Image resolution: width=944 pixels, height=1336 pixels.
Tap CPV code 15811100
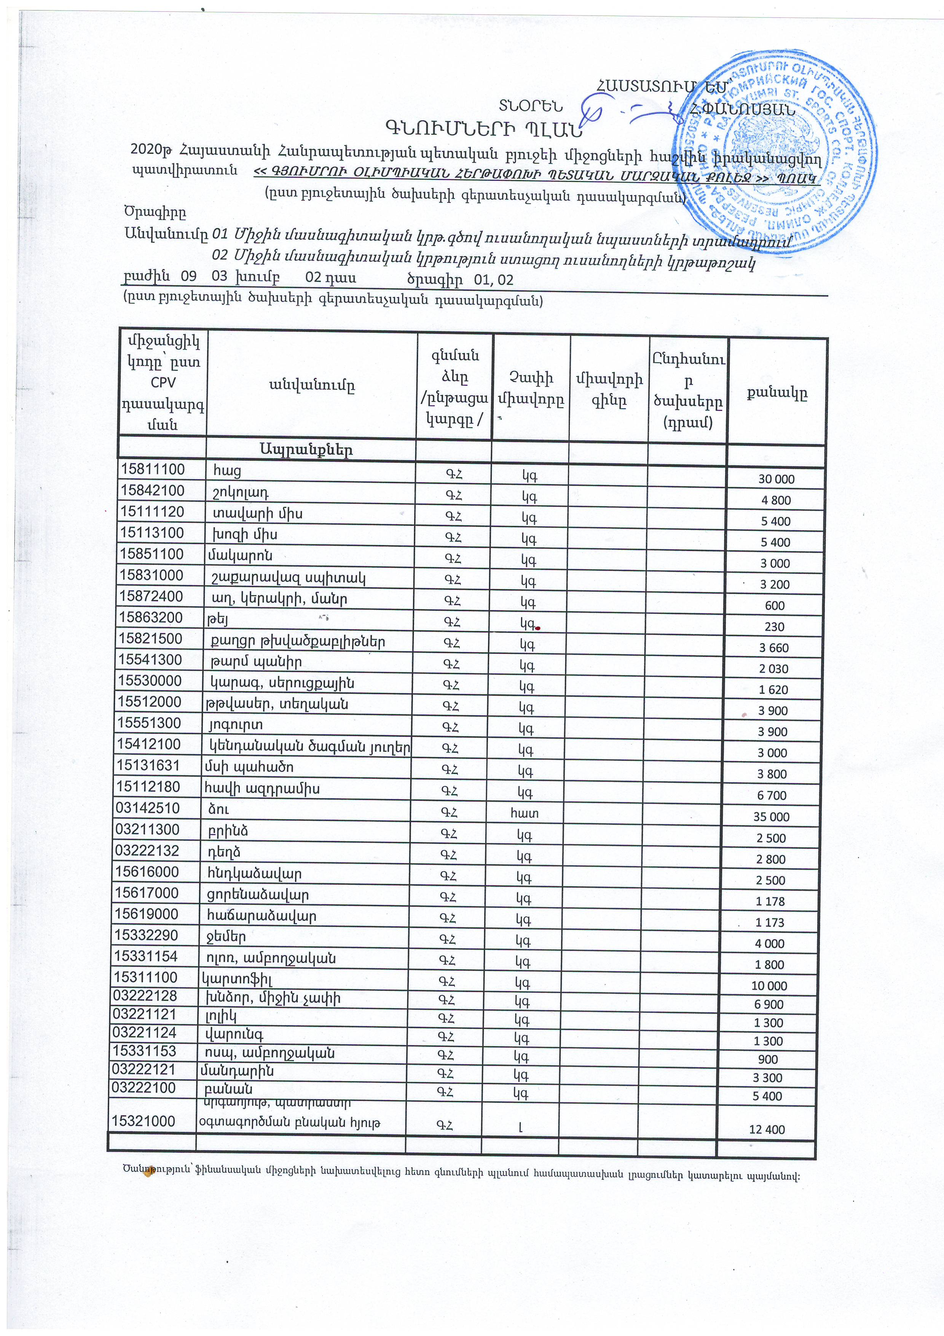tap(152, 470)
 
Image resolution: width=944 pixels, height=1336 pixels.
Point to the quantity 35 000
tap(771, 817)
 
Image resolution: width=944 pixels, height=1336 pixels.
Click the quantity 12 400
tap(767, 1130)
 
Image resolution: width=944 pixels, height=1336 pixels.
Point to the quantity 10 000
tap(769, 986)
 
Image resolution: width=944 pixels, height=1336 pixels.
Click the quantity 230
tap(775, 627)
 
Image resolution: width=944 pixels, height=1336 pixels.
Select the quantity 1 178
tap(771, 901)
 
